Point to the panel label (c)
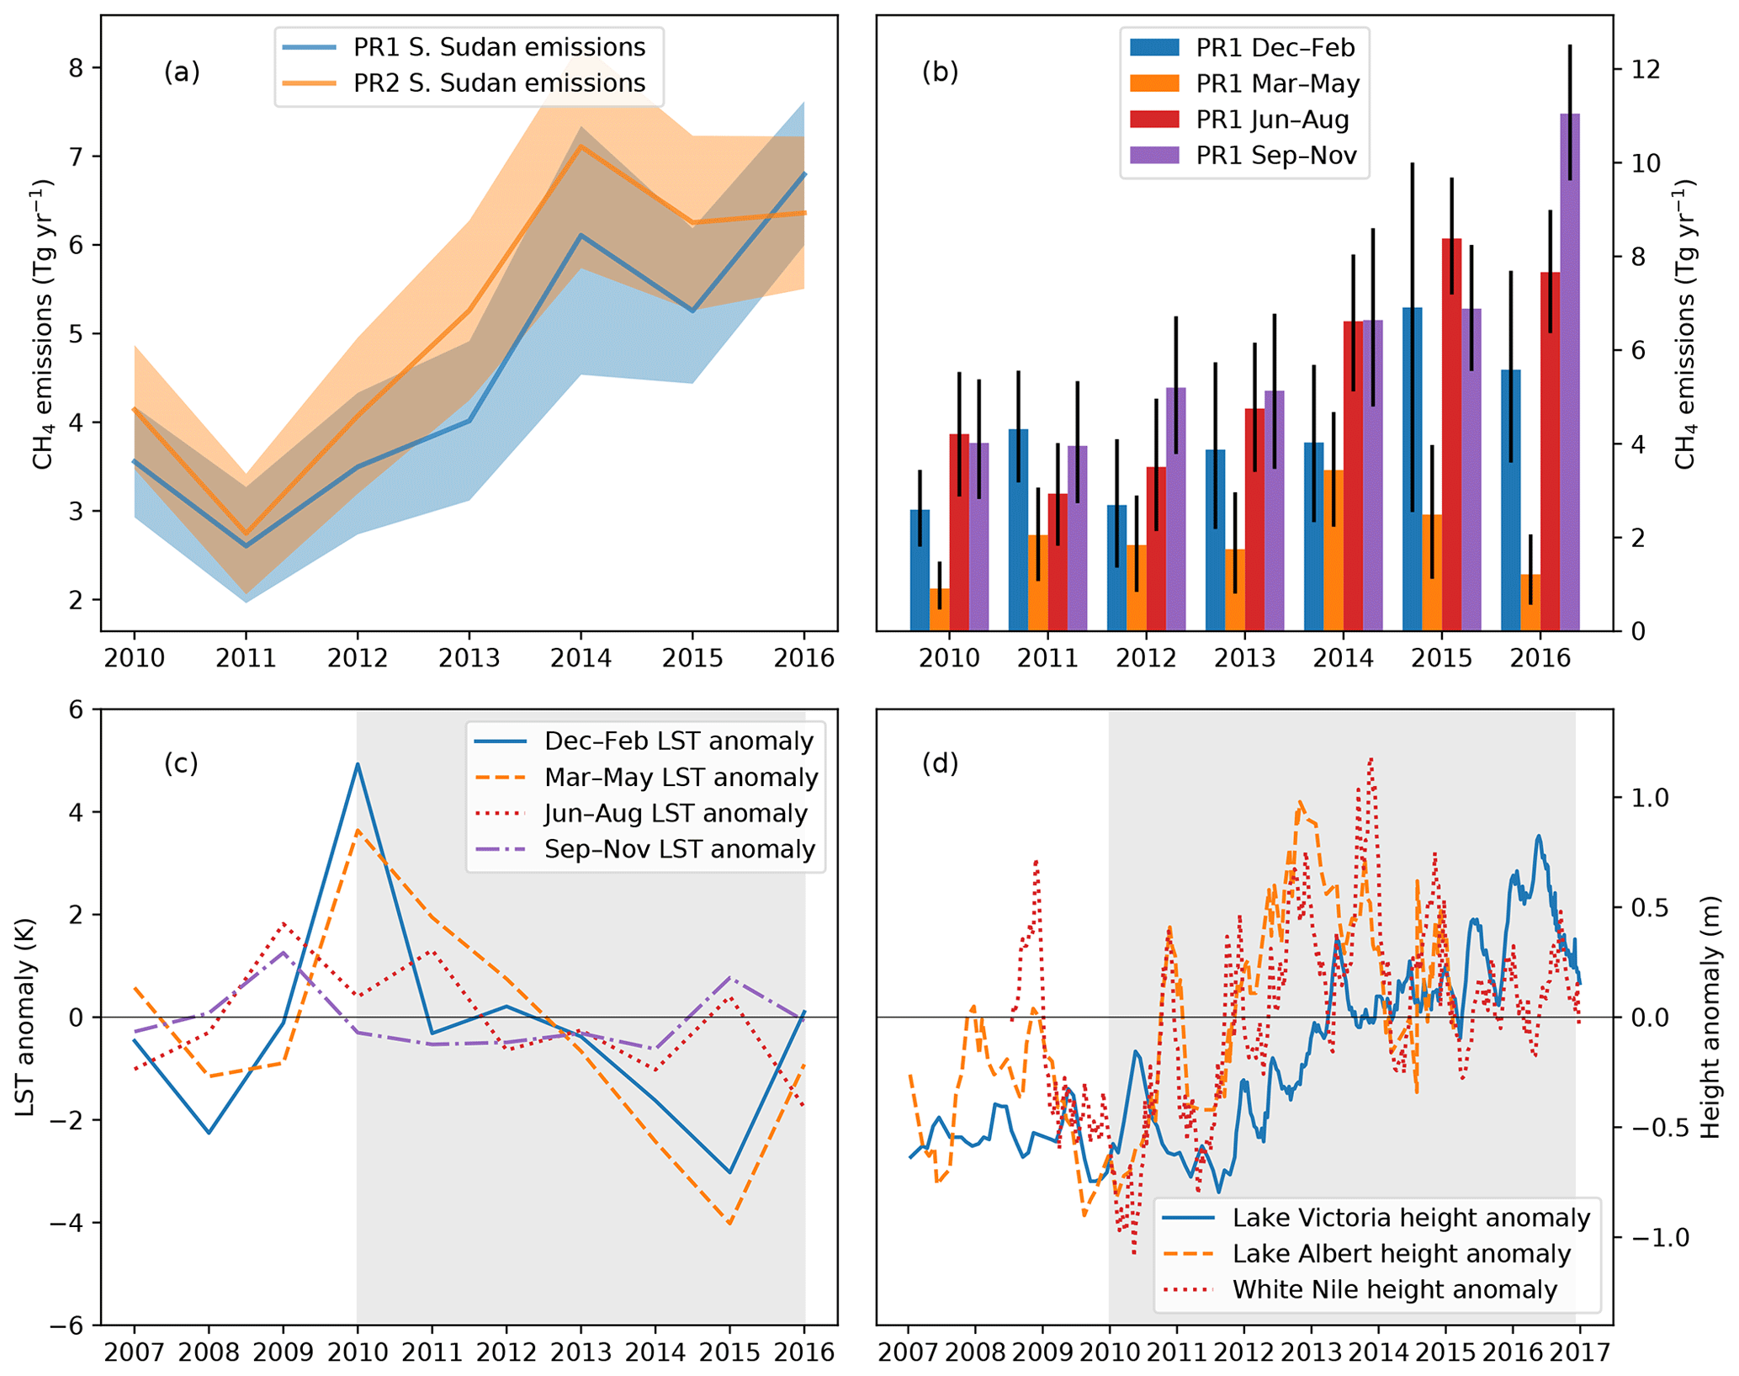pyautogui.click(x=181, y=762)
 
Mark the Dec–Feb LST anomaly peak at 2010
pyautogui.click(x=358, y=764)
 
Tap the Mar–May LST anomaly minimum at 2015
pyautogui.click(x=729, y=1223)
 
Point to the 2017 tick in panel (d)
pyautogui.click(x=1579, y=1352)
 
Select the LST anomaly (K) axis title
pyautogui.click(x=25, y=1017)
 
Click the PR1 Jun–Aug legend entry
pyautogui.click(x=1271, y=120)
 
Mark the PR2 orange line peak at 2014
pyautogui.click(x=581, y=146)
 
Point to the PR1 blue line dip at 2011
pyautogui.click(x=246, y=546)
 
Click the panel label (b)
pyautogui.click(x=940, y=72)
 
